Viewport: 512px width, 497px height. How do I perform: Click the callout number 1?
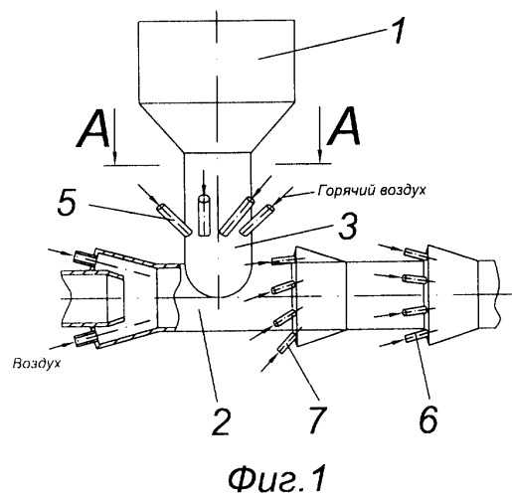click(396, 31)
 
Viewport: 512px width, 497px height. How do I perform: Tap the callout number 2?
click(221, 421)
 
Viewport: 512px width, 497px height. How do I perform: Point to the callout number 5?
click(67, 203)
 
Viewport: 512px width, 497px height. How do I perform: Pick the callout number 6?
click(427, 418)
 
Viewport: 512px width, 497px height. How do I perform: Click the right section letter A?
click(343, 126)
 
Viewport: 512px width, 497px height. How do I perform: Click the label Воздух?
click(37, 364)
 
